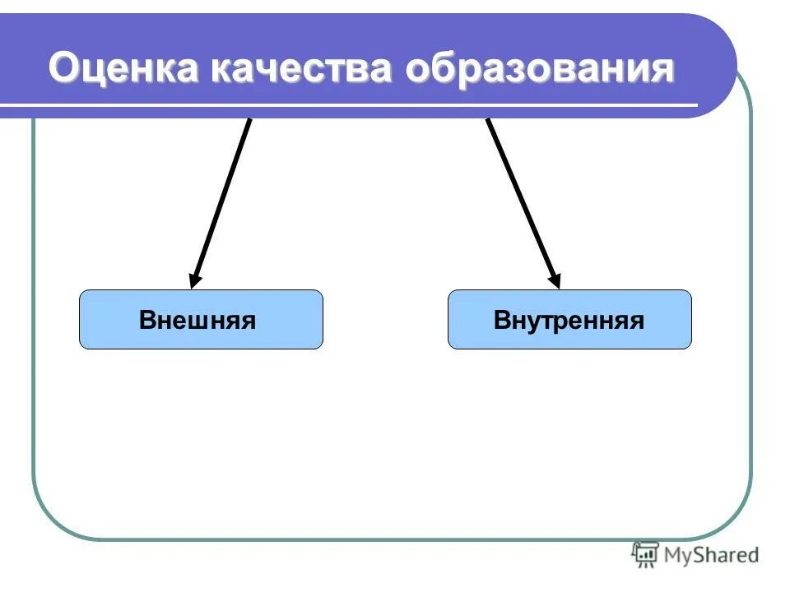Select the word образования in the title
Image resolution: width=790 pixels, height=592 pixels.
[540, 69]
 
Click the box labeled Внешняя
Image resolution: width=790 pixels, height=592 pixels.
[201, 319]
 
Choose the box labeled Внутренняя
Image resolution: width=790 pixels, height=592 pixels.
[569, 319]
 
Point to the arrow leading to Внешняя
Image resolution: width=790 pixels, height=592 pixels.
[221, 201]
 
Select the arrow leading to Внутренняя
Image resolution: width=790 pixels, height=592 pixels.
[523, 201]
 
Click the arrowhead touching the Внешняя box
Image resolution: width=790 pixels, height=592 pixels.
[195, 280]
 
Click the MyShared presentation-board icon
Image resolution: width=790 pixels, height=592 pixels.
[644, 555]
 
